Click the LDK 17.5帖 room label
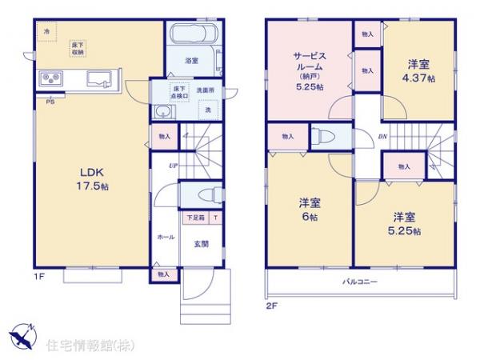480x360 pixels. tap(90, 178)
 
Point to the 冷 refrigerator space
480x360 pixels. tap(47, 31)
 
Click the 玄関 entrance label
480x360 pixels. tap(202, 243)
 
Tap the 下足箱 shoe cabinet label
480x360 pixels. tap(196, 217)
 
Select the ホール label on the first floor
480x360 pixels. tap(166, 238)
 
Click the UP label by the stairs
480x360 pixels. tap(172, 166)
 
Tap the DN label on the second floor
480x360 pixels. tap(382, 137)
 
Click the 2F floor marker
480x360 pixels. tap(273, 306)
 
